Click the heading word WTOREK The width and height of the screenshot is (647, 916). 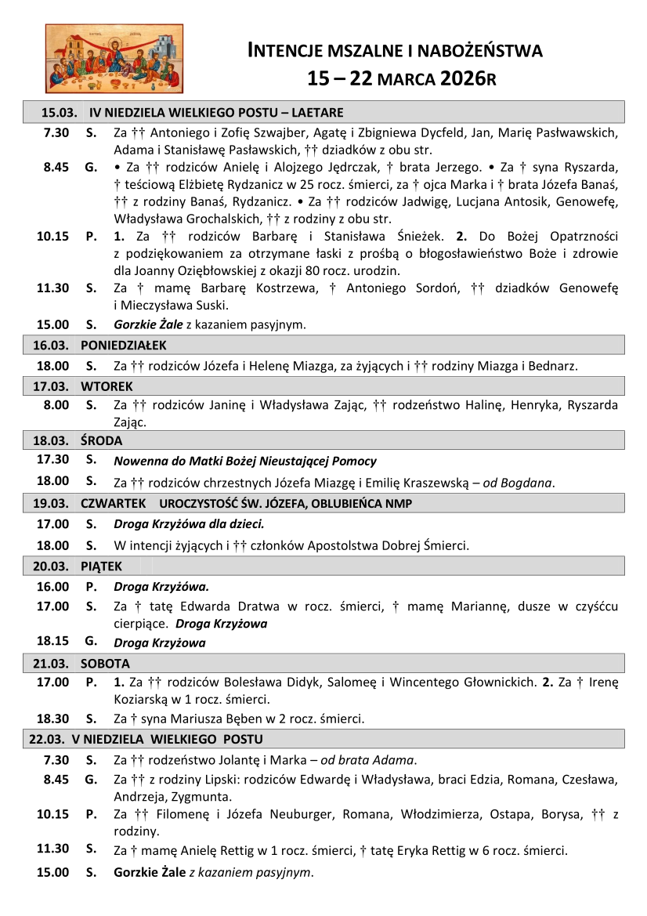pyautogui.click(x=107, y=386)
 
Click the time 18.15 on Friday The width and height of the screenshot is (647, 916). pyautogui.click(x=53, y=643)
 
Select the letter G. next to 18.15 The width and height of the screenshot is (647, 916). pyautogui.click(x=91, y=643)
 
